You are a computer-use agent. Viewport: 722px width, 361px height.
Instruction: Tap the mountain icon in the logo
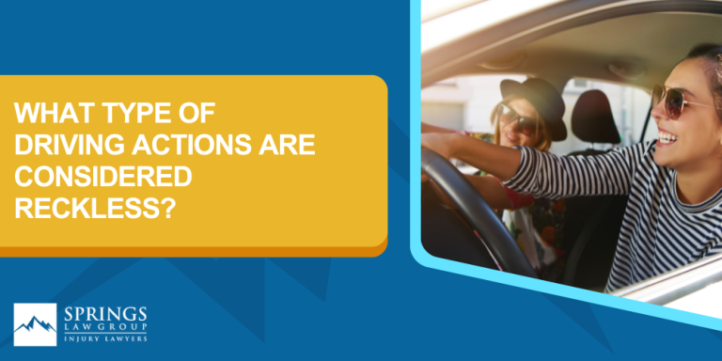coord(35,324)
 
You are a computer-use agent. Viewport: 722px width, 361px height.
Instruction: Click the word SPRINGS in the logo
coord(102,314)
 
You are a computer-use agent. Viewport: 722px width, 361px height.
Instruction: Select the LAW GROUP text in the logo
coord(102,328)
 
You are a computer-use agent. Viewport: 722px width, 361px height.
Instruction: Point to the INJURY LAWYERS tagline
coord(102,339)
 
